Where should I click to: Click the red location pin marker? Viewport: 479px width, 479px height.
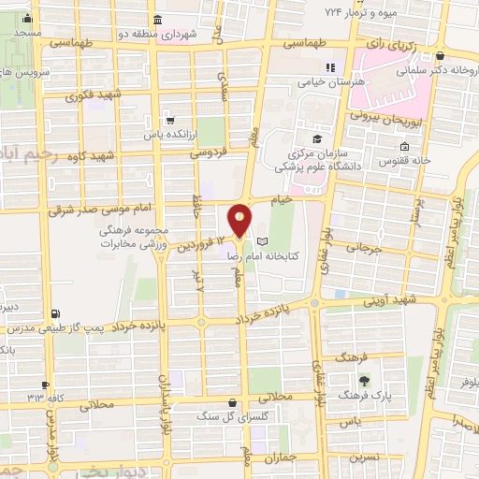[240, 220]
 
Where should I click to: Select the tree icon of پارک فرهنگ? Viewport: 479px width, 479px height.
[364, 379]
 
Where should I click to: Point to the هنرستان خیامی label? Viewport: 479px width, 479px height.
[350, 82]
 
